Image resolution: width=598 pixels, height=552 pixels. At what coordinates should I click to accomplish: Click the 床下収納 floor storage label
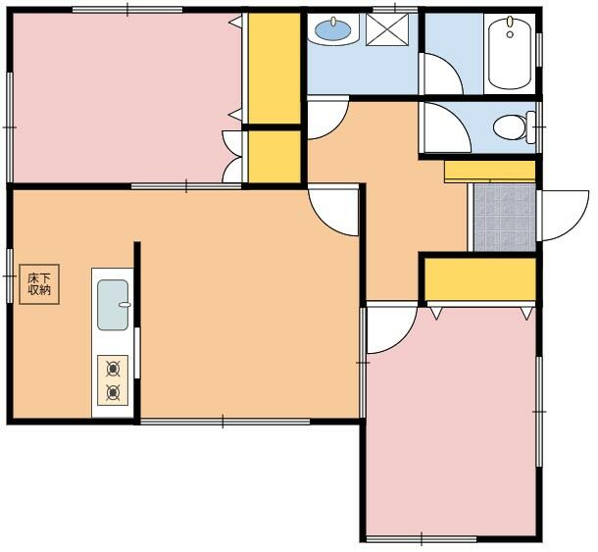(x=39, y=284)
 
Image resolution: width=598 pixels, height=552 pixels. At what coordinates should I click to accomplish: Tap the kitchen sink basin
(x=113, y=305)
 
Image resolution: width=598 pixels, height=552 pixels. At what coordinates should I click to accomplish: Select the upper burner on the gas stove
(x=113, y=369)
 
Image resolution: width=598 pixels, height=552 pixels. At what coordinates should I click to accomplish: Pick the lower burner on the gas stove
(x=113, y=392)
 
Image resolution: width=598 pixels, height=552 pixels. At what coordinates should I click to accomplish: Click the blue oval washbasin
(x=333, y=29)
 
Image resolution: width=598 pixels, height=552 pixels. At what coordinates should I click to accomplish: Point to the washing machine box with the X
(x=387, y=29)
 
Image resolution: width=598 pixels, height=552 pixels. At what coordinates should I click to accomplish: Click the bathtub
(x=510, y=53)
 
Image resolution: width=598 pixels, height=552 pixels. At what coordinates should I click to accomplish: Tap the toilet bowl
(x=510, y=127)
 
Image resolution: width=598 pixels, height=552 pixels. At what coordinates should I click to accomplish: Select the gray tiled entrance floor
(x=505, y=218)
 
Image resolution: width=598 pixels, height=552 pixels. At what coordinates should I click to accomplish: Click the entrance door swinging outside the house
(x=564, y=216)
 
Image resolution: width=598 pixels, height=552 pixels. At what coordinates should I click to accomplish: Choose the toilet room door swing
(x=446, y=127)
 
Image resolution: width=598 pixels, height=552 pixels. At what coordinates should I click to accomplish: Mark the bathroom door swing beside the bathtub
(x=442, y=74)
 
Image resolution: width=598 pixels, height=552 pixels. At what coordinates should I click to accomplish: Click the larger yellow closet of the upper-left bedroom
(x=274, y=69)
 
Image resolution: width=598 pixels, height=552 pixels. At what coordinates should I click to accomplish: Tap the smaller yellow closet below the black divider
(x=274, y=157)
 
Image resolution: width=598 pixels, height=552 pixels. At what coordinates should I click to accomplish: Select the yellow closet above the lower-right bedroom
(x=480, y=279)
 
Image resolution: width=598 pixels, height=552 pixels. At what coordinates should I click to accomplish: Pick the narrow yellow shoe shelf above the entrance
(x=490, y=171)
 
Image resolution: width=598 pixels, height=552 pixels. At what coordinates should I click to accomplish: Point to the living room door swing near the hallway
(x=333, y=210)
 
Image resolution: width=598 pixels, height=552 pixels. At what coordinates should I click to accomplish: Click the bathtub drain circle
(x=510, y=34)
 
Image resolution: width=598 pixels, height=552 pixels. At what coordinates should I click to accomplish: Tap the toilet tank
(x=531, y=127)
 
